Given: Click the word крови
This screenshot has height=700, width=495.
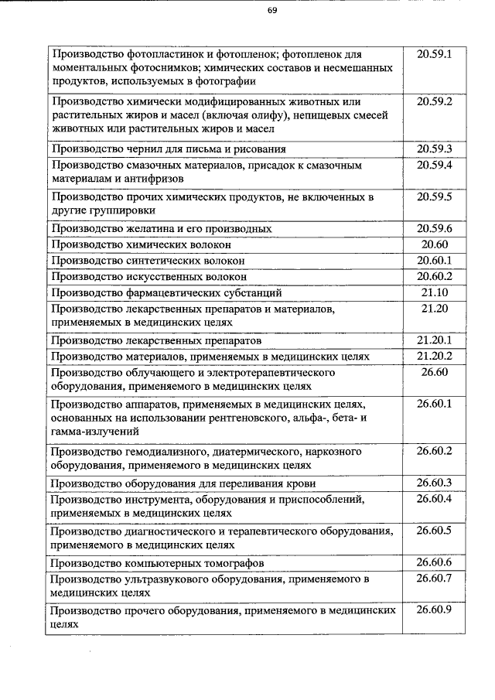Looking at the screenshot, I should (300, 484).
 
